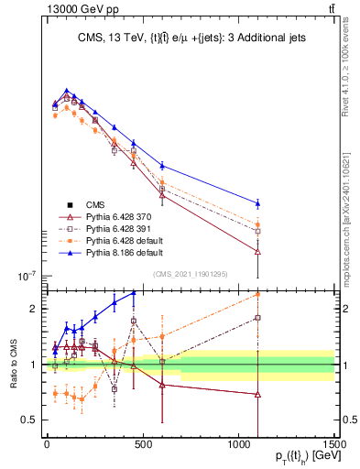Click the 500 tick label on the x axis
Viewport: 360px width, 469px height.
coord(142,448)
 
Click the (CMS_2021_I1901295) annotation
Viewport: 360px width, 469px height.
coord(190,274)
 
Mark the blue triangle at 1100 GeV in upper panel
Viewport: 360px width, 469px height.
coord(257,202)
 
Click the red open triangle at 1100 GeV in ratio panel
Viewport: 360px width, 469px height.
coord(257,395)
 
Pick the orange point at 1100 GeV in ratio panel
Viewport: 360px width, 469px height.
coord(257,294)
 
